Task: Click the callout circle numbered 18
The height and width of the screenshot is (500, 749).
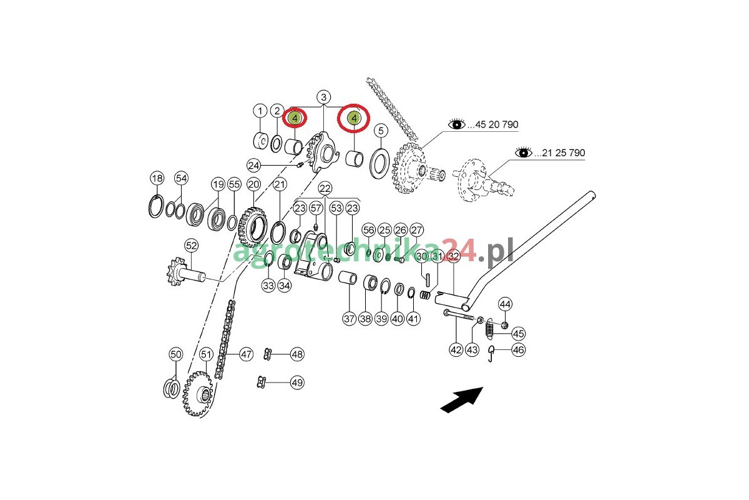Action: pyautogui.click(x=157, y=178)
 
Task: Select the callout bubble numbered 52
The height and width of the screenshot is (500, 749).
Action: pyautogui.click(x=191, y=246)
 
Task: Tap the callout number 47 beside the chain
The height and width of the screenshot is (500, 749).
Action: pyautogui.click(x=247, y=354)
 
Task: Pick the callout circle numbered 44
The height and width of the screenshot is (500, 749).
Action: pyautogui.click(x=505, y=304)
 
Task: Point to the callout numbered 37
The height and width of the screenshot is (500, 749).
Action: pyautogui.click(x=349, y=319)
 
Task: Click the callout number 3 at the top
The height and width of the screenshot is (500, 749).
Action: pyautogui.click(x=323, y=97)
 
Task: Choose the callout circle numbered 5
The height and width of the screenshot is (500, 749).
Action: pyautogui.click(x=381, y=131)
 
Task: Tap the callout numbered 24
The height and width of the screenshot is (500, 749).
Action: pyautogui.click(x=253, y=166)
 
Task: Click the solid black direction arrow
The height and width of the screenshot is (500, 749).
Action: pyautogui.click(x=462, y=400)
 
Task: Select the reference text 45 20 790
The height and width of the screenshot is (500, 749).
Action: pyautogui.click(x=497, y=124)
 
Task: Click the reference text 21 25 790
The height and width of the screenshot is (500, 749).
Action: pyautogui.click(x=564, y=153)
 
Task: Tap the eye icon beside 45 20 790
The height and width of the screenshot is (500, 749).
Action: pyautogui.click(x=457, y=124)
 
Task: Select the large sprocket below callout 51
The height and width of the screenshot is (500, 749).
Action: pyautogui.click(x=198, y=394)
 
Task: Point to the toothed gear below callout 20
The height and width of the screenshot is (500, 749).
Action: pyautogui.click(x=253, y=227)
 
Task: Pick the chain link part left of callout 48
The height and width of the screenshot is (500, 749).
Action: pyautogui.click(x=268, y=354)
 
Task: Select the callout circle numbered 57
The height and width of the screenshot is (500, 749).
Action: pyautogui.click(x=316, y=208)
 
